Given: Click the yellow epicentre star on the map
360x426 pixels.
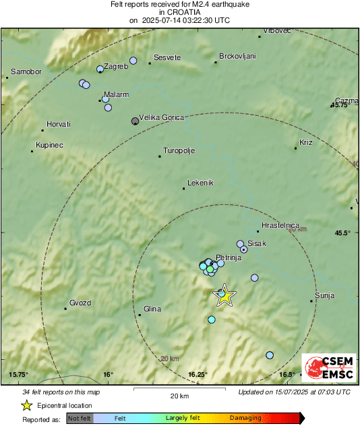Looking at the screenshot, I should pos(225,295).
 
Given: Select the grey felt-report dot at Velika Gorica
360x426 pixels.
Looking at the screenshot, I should pos(136,121).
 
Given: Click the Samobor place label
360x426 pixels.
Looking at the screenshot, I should pos(26,71).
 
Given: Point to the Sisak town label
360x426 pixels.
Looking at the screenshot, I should pos(258,243).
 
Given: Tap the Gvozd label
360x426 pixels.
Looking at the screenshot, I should pos(80,303).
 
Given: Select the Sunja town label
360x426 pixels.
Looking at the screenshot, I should pos(325,295).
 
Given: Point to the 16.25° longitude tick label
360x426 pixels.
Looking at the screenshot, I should pos(197,374).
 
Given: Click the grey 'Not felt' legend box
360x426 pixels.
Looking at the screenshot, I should pos(80,418).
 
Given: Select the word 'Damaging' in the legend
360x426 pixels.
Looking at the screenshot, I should pos(245,418).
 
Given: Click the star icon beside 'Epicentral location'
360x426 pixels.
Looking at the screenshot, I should pos(27,405).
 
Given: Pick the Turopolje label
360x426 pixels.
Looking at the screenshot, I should pos(179,151).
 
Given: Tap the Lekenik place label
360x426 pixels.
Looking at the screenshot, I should pos(200,183).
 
